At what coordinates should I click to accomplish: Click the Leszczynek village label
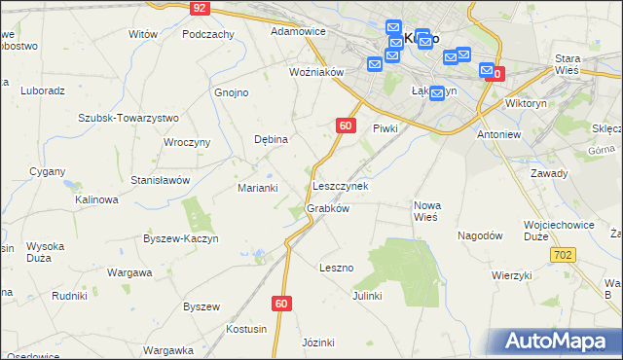(x=340, y=185)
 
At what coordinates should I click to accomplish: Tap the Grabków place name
(x=328, y=208)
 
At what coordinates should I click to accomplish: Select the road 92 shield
(x=199, y=8)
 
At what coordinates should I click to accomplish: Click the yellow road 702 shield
(x=567, y=254)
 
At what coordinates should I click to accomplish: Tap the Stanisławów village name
(x=160, y=180)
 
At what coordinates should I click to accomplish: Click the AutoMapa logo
(x=555, y=341)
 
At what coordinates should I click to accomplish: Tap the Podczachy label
(x=208, y=34)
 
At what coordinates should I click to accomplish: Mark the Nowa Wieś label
(x=428, y=211)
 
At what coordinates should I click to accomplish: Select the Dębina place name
(x=272, y=139)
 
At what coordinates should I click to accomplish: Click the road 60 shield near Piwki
(x=346, y=126)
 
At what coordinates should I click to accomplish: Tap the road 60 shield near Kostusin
(x=281, y=304)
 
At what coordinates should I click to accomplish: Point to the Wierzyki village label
(x=512, y=275)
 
